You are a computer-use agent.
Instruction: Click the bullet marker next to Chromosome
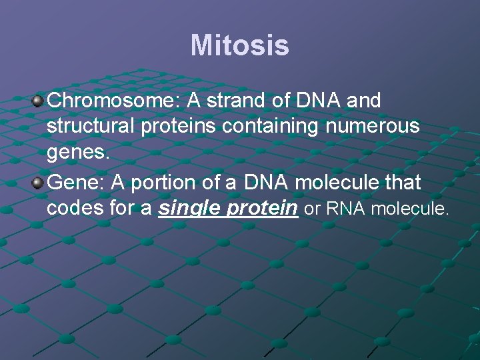(39, 101)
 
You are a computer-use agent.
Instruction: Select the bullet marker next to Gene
(39, 181)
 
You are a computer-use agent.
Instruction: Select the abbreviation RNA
(346, 209)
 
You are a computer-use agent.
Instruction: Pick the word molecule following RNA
(410, 209)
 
